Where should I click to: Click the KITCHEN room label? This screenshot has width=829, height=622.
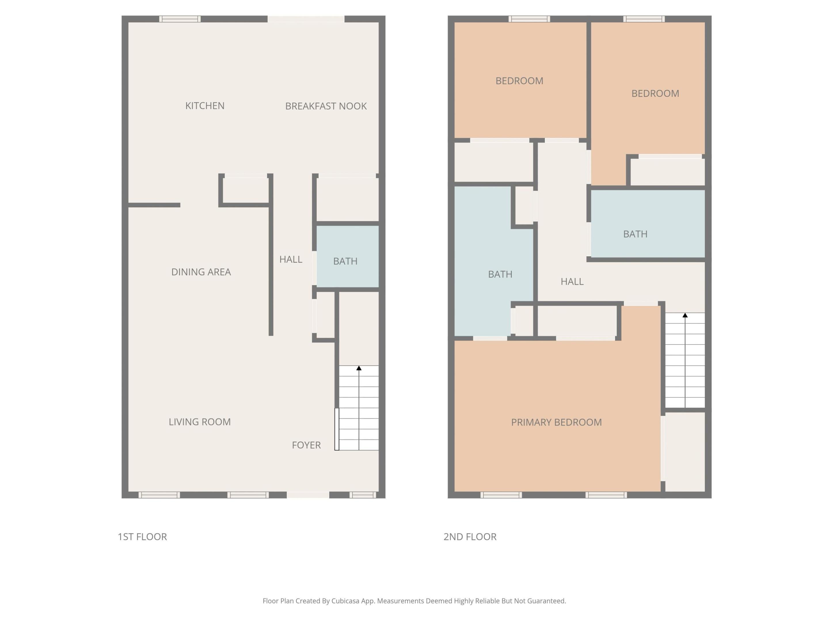(x=205, y=106)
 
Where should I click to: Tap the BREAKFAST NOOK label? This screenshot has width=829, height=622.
(x=326, y=106)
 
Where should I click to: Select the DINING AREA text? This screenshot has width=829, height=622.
(x=201, y=272)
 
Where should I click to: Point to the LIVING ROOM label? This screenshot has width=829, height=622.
(x=199, y=422)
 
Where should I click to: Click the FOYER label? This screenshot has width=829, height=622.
(x=306, y=445)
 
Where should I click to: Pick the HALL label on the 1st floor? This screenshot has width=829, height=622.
(x=290, y=259)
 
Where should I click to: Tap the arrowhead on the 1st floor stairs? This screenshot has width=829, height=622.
(x=359, y=368)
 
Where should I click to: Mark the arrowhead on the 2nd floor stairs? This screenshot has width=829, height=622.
(x=685, y=315)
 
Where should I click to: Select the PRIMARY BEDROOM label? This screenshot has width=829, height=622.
(x=556, y=422)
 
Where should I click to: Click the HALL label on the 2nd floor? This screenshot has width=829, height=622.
(x=572, y=282)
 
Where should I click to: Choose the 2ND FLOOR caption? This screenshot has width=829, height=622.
(x=470, y=536)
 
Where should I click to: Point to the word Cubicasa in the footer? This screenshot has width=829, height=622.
(x=345, y=601)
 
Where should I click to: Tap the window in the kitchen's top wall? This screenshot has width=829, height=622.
(x=180, y=19)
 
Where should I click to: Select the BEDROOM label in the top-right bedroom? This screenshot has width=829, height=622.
(x=655, y=93)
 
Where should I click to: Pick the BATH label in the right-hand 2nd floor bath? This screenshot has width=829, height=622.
(x=635, y=234)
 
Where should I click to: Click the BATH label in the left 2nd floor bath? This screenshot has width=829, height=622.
(x=500, y=274)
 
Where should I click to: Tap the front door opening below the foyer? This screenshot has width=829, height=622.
(x=308, y=495)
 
